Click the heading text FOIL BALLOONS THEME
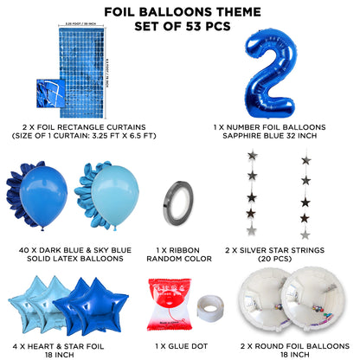coord(179,12)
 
